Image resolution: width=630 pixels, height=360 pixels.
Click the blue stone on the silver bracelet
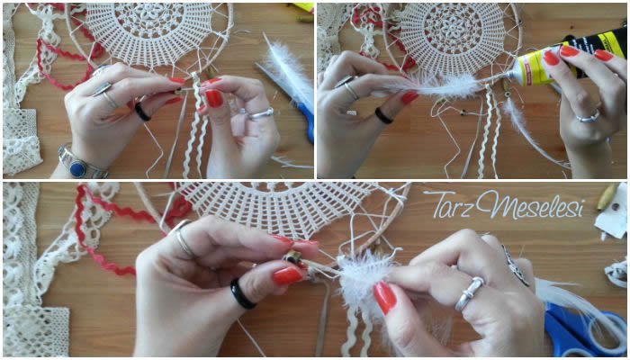click(77, 166)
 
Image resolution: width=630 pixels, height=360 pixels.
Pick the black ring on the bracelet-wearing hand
click(142, 112)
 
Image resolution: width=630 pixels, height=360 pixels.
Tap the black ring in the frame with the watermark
click(242, 294)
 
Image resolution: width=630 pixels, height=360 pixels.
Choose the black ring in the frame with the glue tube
click(382, 116)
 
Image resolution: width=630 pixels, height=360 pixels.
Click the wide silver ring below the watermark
click(469, 293)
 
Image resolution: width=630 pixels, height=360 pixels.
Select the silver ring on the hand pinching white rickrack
click(260, 113)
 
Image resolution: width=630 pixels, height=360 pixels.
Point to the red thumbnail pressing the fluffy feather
click(384, 297)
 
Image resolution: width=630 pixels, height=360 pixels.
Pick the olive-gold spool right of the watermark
click(607, 197)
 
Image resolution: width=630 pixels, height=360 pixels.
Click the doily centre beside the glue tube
click(453, 28)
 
